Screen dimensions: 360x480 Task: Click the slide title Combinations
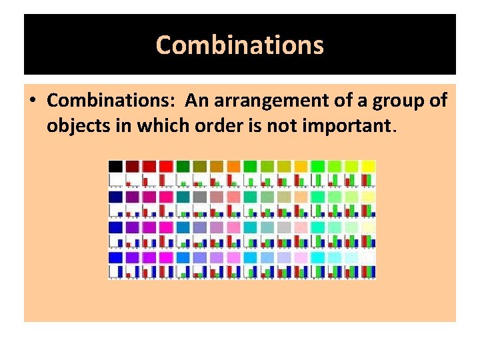(x=240, y=45)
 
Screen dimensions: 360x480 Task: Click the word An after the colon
(x=197, y=101)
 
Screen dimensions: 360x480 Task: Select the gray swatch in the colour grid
(x=199, y=197)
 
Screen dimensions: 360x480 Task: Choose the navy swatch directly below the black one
(x=115, y=197)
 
